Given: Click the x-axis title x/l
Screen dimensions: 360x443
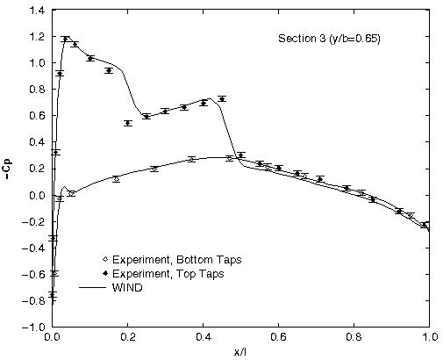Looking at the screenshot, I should [x=240, y=350].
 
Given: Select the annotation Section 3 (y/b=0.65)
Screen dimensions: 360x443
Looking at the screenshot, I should [x=329, y=40].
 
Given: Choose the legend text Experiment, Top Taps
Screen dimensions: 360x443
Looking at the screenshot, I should [x=167, y=273].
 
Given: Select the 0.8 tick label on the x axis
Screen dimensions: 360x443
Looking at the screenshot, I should [x=354, y=336].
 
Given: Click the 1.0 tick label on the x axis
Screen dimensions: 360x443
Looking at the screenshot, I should [x=429, y=336].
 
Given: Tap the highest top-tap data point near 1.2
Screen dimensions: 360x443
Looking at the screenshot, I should [x=65, y=39].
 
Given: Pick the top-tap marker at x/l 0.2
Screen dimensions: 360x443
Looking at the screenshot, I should [x=128, y=123].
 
